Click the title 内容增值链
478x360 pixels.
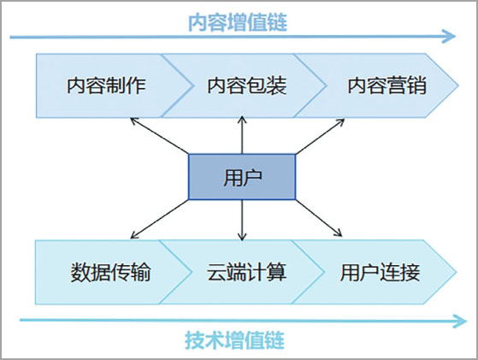(238, 22)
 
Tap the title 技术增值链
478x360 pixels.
(234, 339)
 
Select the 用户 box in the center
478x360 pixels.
(242, 177)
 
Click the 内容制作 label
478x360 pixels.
(106, 86)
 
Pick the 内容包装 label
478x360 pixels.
(247, 86)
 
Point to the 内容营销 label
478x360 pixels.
(387, 86)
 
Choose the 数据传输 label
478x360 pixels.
(110, 272)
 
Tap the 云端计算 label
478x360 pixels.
(247, 272)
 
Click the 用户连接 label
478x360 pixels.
(381, 272)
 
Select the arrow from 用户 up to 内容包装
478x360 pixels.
(242, 135)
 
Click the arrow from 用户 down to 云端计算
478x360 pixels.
(242, 220)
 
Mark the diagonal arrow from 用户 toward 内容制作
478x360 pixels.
(159, 136)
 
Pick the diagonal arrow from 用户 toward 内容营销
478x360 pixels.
(320, 137)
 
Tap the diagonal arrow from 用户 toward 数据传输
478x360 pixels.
(159, 219)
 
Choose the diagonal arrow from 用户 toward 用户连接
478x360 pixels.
(319, 218)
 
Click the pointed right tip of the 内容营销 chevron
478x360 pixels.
(457, 86)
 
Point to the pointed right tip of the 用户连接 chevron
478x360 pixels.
(456, 272)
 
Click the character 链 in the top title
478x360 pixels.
(277, 22)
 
